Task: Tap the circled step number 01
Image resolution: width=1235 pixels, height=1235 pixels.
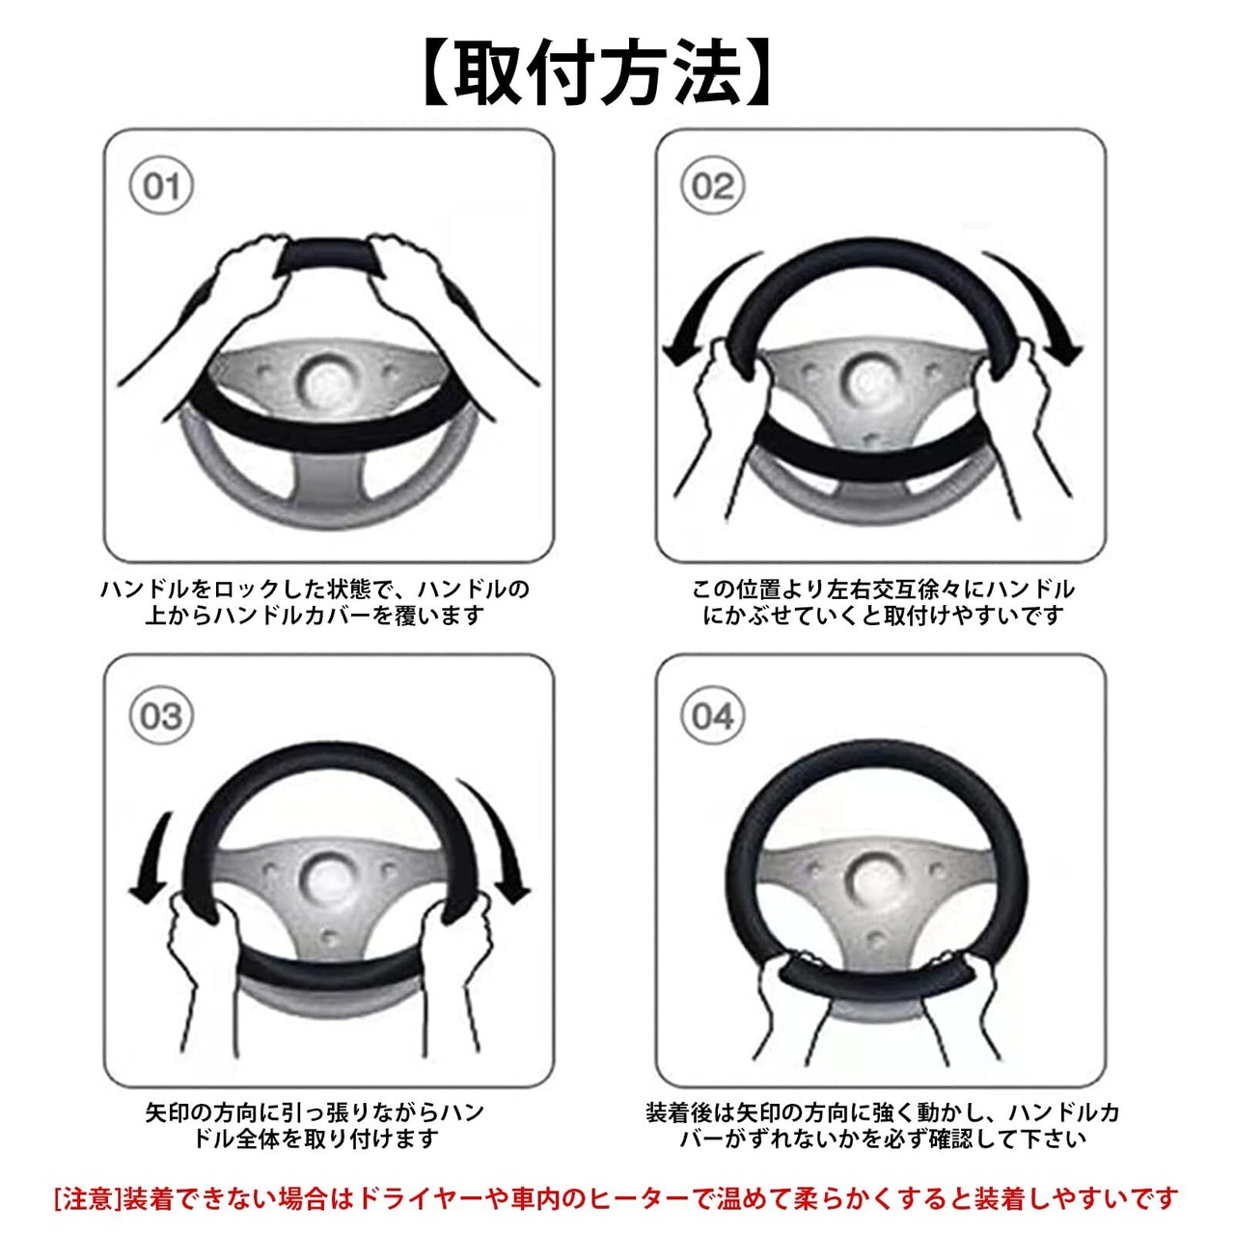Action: point(161,186)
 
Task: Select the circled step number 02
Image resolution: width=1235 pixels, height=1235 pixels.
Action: point(712,186)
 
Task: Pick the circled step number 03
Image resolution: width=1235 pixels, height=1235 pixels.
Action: point(161,715)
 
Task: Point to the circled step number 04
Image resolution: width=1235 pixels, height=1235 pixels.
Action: point(712,715)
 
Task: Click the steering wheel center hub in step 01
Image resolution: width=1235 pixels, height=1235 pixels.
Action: point(327,381)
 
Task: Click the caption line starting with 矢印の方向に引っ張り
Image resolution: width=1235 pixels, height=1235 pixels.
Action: point(314,1111)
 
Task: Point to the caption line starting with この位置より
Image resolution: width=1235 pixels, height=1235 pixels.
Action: point(883,589)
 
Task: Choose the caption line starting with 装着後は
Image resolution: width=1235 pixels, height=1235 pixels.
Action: point(883,1111)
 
